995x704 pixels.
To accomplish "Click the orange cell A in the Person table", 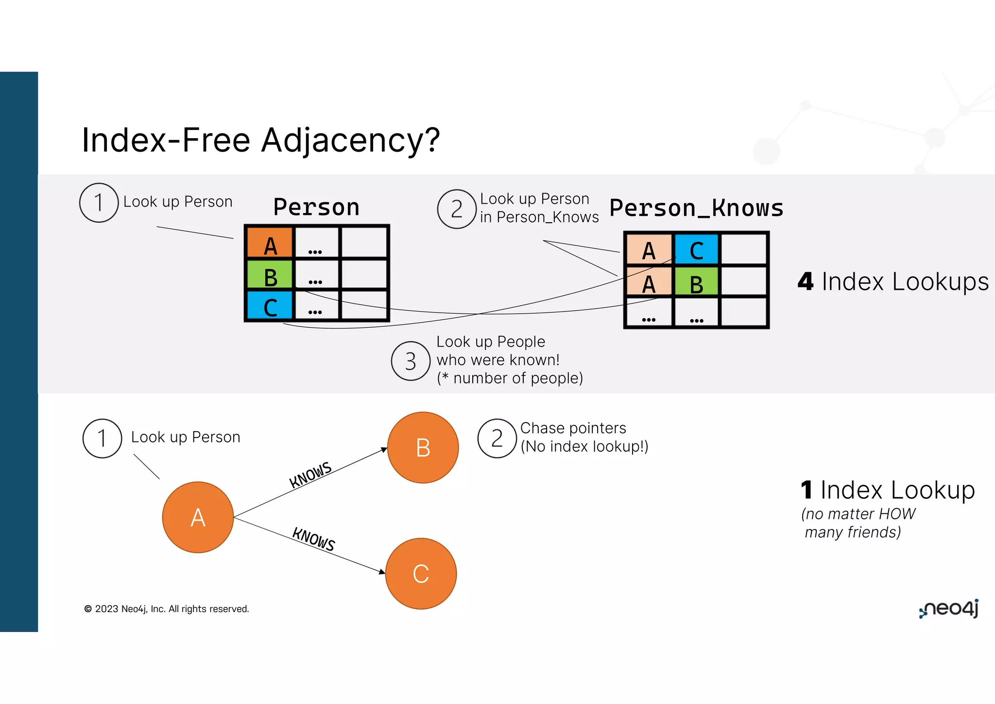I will (270, 242).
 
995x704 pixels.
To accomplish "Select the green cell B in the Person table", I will (270, 275).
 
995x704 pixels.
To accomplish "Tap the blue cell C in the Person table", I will (270, 306).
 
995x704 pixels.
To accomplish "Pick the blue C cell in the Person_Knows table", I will (696, 249).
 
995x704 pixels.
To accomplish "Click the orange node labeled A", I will (198, 517).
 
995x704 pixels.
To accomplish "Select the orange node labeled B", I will (423, 447).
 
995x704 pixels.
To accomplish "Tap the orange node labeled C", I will (421, 574).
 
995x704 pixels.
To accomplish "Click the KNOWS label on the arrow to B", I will (310, 475).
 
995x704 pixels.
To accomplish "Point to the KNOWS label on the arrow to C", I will (314, 539).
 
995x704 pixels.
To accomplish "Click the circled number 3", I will (411, 361).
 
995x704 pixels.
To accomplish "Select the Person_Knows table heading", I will (696, 208).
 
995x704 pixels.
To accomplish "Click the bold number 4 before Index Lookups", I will (806, 282).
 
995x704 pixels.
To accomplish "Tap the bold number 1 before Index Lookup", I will (806, 490).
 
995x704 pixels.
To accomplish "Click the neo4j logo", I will (949, 609).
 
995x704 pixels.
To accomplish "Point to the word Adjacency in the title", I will (350, 140).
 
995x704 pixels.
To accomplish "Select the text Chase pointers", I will (573, 428).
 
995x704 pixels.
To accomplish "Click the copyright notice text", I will (167, 609).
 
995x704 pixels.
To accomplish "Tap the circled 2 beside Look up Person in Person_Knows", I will (456, 209).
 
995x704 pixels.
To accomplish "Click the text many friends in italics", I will (853, 532).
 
